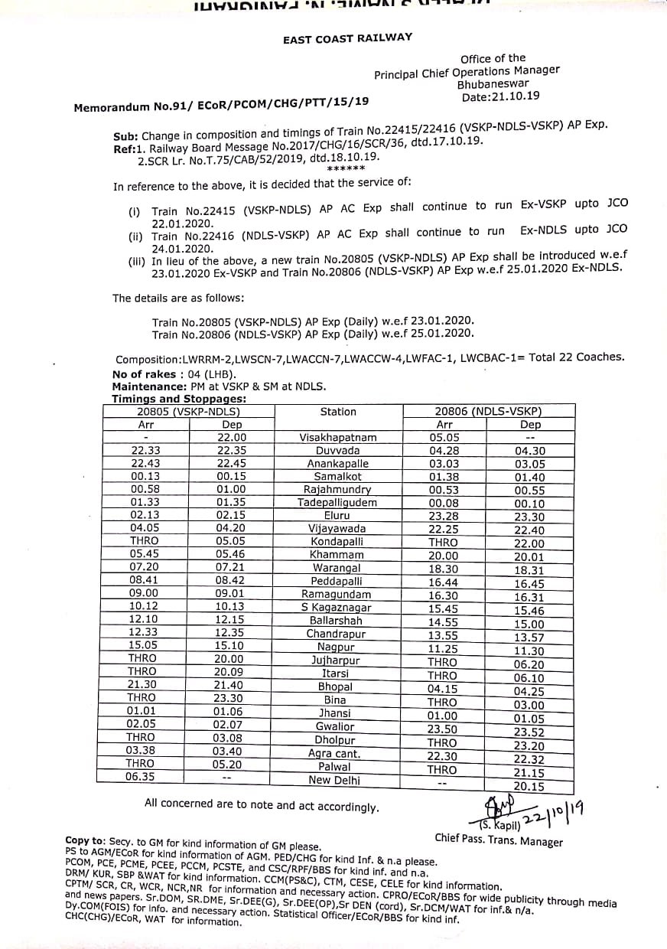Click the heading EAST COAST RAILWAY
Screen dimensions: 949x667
[x=347, y=38]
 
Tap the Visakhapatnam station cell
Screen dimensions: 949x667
[x=337, y=438]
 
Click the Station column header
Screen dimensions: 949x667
[x=338, y=412]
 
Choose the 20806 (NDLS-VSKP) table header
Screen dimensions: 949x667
[x=488, y=412]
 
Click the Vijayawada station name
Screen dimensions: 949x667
[x=337, y=529]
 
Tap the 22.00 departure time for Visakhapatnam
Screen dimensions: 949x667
[x=232, y=438]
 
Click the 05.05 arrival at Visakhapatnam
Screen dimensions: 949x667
[x=444, y=438]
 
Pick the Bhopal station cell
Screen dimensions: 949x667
[x=337, y=687]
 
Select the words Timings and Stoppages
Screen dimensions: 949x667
[x=179, y=399]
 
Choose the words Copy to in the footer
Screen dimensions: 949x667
[x=88, y=840]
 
